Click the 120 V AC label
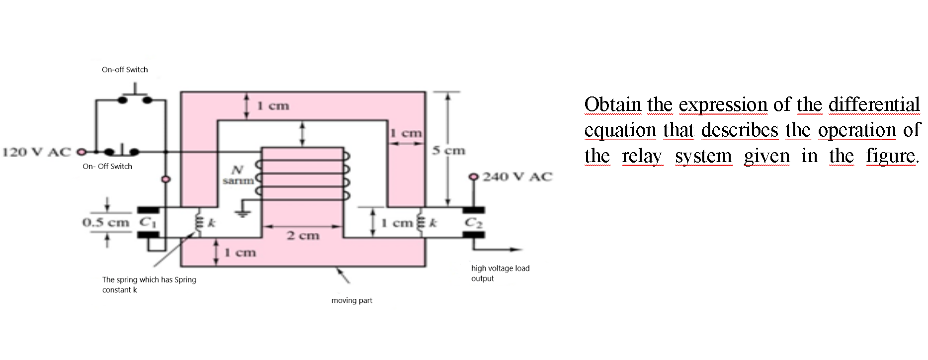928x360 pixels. coord(37,152)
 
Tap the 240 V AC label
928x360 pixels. coord(517,177)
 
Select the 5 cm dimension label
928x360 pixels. coord(448,150)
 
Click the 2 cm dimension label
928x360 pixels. coord(303,235)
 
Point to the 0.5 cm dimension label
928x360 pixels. coord(105,222)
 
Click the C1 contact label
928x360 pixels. coord(148,222)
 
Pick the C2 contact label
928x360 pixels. coord(473,223)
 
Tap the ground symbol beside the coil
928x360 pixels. coord(243,209)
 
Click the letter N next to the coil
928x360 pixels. coord(238,170)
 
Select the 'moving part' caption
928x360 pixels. coord(351,300)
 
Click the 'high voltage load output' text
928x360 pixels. coord(500,273)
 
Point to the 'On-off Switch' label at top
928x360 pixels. coord(125,70)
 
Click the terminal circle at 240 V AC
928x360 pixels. coord(474,177)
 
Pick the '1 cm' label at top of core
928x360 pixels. coord(273,105)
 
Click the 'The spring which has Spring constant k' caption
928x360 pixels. coord(149,284)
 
